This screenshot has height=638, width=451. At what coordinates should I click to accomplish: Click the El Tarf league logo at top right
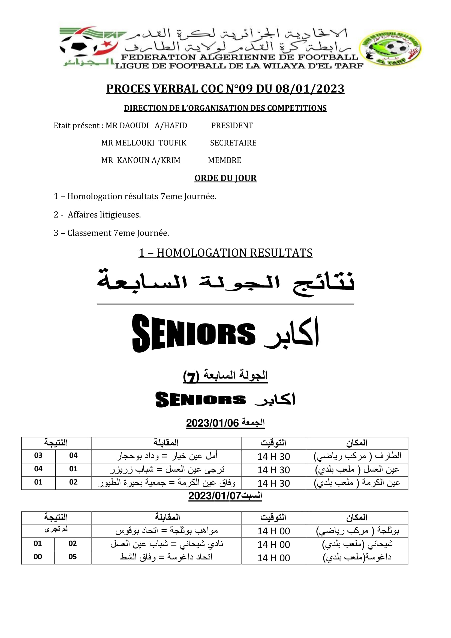click(x=390, y=48)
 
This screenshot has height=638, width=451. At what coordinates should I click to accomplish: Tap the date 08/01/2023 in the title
click(x=310, y=89)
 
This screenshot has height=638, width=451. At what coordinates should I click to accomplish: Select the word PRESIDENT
click(x=232, y=125)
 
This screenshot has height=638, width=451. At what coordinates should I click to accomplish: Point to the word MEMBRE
click(x=224, y=160)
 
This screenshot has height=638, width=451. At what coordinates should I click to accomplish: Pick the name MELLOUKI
click(x=134, y=143)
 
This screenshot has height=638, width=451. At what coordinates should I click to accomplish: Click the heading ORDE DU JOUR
click(x=225, y=178)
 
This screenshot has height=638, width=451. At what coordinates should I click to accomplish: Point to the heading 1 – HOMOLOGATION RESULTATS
click(x=225, y=253)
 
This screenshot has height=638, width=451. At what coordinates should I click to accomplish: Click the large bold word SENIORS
click(x=194, y=333)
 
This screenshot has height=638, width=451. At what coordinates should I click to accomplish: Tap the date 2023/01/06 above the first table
click(x=212, y=423)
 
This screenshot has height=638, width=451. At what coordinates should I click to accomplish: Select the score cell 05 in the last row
click(x=73, y=557)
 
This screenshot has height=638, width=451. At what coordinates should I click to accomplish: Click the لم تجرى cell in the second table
click(x=56, y=529)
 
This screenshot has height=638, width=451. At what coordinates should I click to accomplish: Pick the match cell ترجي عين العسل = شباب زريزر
click(x=167, y=470)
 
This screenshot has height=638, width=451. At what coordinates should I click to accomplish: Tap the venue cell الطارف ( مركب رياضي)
click(x=357, y=456)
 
